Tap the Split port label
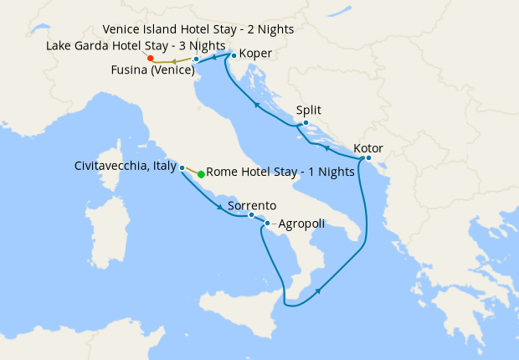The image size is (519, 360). pos(309,111)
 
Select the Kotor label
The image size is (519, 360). pos(368,148)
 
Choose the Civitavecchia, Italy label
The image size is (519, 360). pos(125,166)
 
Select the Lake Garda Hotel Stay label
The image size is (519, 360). pos(135,44)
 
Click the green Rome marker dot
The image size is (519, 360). pos(201,174)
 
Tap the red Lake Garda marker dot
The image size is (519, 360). pos(149,59)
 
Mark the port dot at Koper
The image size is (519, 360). pos(234,56)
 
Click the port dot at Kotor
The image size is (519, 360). pos(368,157)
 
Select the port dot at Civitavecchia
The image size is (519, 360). pos(182,167)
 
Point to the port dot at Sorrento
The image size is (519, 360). pos(251,215)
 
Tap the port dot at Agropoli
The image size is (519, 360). pos(267,224)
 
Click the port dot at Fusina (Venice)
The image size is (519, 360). pos(196,59)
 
